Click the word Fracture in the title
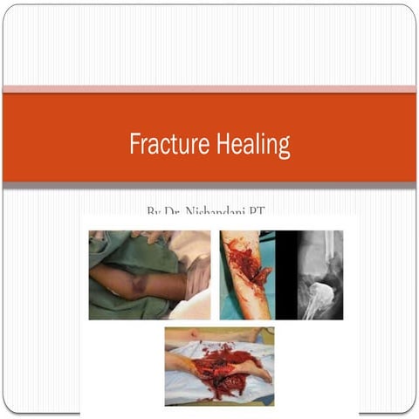(x=164, y=144)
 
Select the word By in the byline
(x=154, y=212)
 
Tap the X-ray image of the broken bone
(x=317, y=274)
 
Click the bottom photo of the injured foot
(x=219, y=366)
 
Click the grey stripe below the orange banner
(x=209, y=185)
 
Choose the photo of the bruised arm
(x=149, y=274)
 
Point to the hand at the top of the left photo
(x=154, y=236)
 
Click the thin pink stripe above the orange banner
(x=209, y=89)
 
